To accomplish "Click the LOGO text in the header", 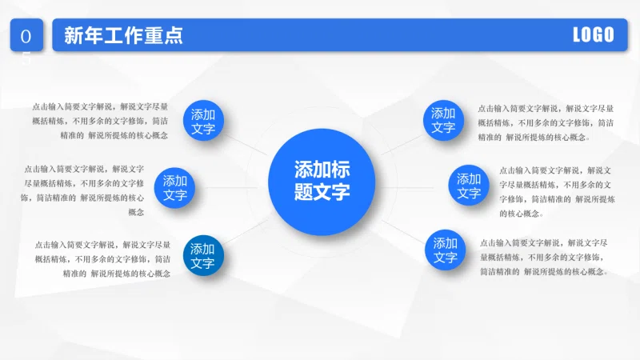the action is [x=594, y=34].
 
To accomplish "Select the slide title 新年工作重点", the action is [x=124, y=35].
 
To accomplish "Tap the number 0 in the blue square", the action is [x=26, y=37].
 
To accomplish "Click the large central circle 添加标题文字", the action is [x=322, y=182].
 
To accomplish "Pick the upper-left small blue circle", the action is [x=203, y=121].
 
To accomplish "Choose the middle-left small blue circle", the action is [x=174, y=188].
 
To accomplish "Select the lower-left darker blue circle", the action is [x=203, y=255].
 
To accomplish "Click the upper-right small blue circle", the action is [x=443, y=121].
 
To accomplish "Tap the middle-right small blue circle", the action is [x=469, y=185].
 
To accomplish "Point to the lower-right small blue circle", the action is [x=445, y=250].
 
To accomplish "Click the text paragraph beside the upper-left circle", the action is [x=100, y=121].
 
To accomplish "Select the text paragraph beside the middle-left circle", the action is [x=82, y=190].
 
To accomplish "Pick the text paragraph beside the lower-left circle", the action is [x=102, y=258].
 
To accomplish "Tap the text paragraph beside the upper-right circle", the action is [x=546, y=122].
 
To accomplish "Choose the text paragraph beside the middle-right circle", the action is [x=557, y=192].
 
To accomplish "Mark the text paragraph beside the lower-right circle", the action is [x=544, y=257].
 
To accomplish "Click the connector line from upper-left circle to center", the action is [x=246, y=145].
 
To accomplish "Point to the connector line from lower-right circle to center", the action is [x=403, y=231].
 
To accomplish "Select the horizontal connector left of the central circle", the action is [x=231, y=188].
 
